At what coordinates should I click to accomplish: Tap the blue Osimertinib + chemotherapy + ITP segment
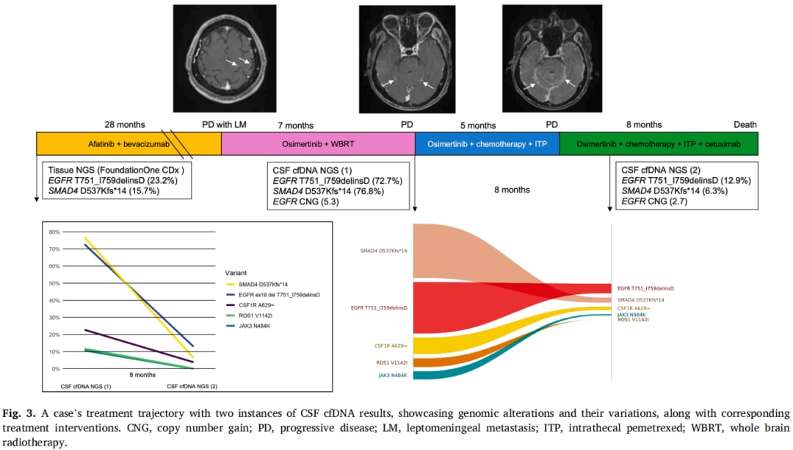click(486, 144)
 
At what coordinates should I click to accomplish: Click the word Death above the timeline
click(745, 125)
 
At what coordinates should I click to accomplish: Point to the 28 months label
click(125, 125)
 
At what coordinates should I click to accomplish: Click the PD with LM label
click(225, 125)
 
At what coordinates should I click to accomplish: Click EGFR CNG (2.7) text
click(653, 203)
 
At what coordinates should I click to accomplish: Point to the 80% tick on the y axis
click(53, 232)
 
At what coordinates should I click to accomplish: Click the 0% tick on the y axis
click(54, 368)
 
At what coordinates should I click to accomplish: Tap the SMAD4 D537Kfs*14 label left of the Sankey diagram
click(383, 251)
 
